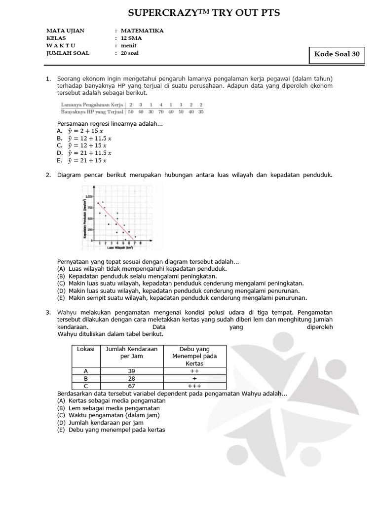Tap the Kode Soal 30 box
click(337, 55)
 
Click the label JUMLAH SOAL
click(68, 53)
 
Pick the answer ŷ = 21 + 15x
click(82, 160)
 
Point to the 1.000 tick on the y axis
click(89, 196)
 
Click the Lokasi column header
click(86, 349)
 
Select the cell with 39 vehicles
click(131, 370)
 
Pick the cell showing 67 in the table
click(131, 386)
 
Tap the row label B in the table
click(86, 378)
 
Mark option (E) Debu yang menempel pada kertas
click(111, 430)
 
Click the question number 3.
click(48, 312)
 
